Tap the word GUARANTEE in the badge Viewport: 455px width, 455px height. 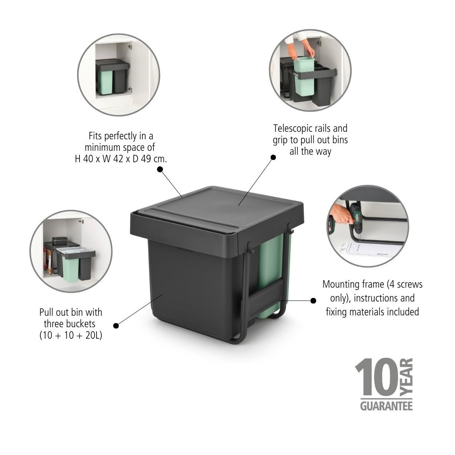(x=386, y=406)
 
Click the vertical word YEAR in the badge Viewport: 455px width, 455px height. (x=406, y=377)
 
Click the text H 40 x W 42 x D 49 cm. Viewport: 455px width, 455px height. (x=121, y=159)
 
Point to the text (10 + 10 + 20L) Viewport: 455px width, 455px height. (x=70, y=336)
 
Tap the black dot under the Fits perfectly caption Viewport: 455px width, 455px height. (x=160, y=169)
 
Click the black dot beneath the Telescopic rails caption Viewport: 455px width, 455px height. (x=273, y=157)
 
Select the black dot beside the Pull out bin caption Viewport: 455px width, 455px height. (x=116, y=326)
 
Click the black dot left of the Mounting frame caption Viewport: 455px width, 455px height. (x=313, y=301)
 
